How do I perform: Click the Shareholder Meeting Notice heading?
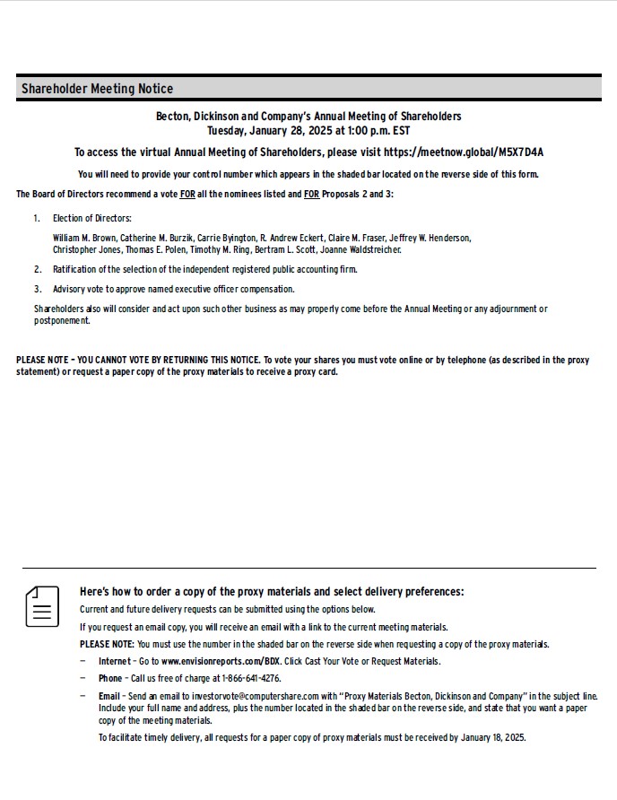coord(97,89)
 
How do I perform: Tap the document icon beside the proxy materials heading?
coord(42,606)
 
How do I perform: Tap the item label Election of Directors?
coord(92,218)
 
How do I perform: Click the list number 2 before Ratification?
coord(38,269)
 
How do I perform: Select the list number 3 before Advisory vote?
coord(38,289)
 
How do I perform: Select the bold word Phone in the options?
coord(110,678)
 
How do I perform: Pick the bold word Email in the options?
coord(109,696)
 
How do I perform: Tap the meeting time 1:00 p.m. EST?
coord(371,130)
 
